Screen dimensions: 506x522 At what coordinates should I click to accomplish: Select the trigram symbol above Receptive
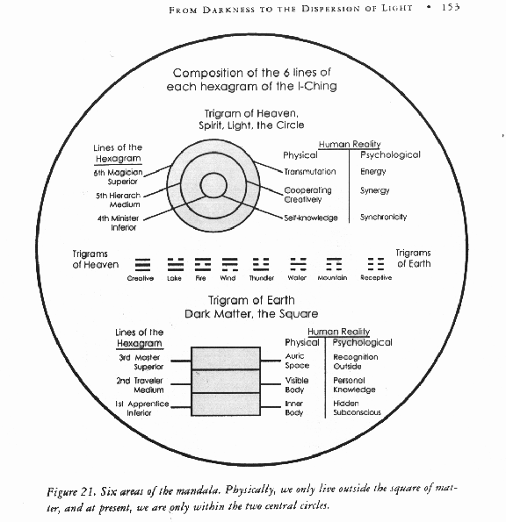(375, 262)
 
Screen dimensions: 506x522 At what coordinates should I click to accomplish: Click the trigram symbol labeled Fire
(202, 262)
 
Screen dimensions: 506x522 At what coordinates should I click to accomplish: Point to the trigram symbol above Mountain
(334, 262)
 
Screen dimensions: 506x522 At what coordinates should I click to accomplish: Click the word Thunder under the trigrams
(261, 278)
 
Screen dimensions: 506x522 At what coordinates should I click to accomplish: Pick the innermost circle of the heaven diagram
(212, 186)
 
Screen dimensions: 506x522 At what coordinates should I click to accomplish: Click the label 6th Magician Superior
(119, 177)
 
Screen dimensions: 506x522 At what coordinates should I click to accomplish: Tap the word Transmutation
(309, 172)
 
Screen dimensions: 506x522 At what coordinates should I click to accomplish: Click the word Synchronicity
(383, 217)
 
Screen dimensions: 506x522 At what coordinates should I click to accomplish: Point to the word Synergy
(374, 190)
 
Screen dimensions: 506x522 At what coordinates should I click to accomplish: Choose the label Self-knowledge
(310, 218)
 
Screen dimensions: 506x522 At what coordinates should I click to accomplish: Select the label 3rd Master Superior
(141, 362)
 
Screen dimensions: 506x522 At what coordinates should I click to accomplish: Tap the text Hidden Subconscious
(355, 408)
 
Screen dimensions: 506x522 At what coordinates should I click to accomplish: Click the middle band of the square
(225, 382)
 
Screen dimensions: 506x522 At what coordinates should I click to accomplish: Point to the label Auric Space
(296, 361)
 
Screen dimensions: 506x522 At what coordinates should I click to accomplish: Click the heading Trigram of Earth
(251, 301)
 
